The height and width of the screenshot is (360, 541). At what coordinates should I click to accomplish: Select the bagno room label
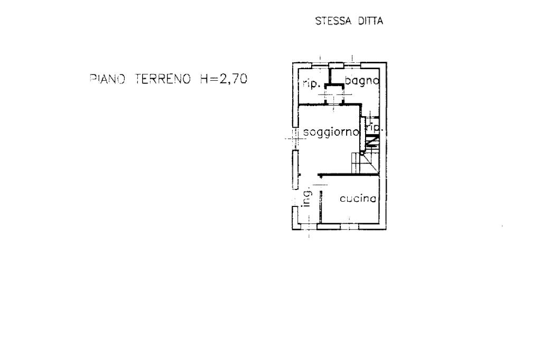362,81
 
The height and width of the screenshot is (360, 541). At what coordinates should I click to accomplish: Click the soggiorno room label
332,132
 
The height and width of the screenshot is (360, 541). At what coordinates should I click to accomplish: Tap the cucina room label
358,199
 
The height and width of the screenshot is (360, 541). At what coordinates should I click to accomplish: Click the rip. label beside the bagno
310,83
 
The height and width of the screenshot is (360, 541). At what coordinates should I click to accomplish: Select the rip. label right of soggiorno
374,128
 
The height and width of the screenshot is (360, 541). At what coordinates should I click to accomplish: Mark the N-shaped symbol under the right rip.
371,141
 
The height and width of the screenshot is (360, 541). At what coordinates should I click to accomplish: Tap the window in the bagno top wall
352,65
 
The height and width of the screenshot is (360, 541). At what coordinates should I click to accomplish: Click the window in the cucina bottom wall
338,226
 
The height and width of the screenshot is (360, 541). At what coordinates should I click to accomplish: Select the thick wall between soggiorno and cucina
349,175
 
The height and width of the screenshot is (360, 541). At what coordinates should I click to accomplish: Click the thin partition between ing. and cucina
320,203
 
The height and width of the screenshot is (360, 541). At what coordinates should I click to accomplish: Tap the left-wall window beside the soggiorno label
296,169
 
